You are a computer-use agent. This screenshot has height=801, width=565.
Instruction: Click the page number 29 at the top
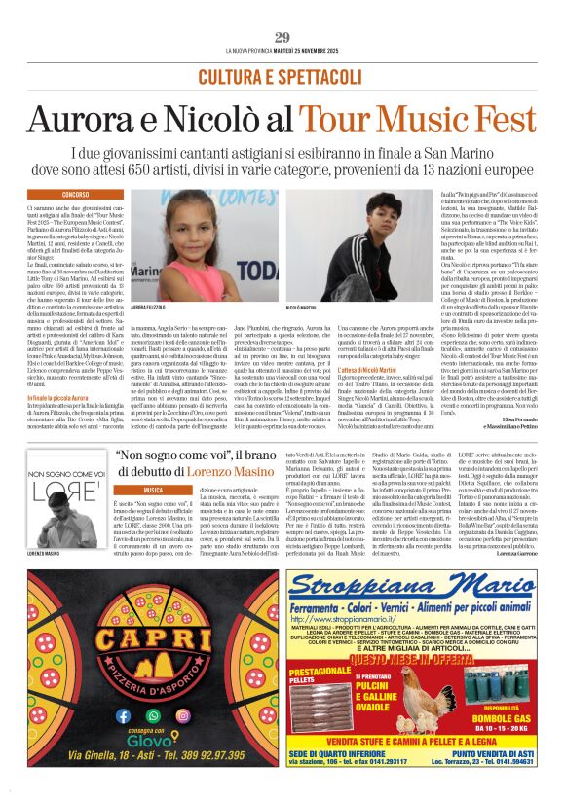(282, 37)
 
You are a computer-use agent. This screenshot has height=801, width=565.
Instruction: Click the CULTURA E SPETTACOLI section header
(282, 76)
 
